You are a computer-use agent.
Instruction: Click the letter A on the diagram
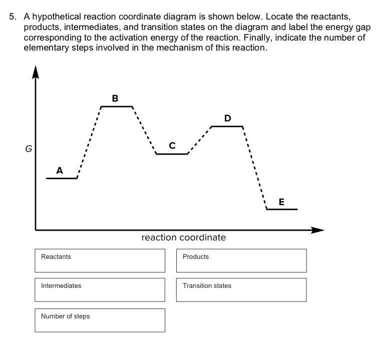coord(60,170)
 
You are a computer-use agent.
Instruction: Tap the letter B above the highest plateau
coord(115,99)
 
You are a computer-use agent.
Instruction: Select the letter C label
coord(172,146)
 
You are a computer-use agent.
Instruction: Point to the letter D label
coord(228,118)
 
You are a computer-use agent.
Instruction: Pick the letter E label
coord(281,202)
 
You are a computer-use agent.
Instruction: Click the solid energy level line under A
coord(62,178)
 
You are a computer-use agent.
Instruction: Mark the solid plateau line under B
coord(117,106)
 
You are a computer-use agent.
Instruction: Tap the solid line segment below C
coord(172,154)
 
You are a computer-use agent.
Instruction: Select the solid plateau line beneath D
coord(227,126)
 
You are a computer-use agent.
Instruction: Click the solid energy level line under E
coord(282,209)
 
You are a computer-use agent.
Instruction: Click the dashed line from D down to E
coord(255,168)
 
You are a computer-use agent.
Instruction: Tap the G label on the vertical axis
coord(28,148)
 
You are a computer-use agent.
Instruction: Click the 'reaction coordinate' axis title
coord(184,237)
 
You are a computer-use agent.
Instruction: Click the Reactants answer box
coord(100,261)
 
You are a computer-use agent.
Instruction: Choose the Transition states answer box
coord(241,290)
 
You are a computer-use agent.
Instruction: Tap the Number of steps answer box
coord(100,320)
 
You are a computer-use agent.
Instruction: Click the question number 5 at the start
coord(13,17)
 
